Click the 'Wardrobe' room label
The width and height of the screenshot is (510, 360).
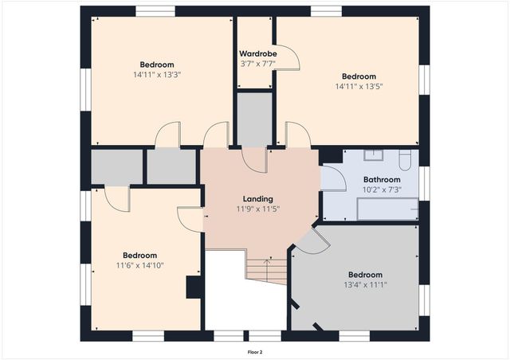[257, 54]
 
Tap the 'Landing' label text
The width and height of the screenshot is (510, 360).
[257, 199]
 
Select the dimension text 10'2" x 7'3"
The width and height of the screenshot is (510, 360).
[381, 190]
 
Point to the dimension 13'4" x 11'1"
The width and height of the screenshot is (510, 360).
[365, 284]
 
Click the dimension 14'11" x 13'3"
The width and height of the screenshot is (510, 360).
[157, 75]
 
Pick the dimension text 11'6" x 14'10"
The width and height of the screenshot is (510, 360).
[140, 265]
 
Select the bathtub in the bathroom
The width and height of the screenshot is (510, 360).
[387, 209]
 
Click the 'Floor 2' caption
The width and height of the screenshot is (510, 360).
[254, 351]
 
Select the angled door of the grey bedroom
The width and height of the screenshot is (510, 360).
[311, 241]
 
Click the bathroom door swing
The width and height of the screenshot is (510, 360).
[333, 178]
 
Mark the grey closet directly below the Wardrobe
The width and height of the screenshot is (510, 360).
[255, 119]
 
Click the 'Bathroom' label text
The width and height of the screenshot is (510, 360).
[381, 179]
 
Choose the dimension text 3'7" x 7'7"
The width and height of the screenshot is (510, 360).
[257, 65]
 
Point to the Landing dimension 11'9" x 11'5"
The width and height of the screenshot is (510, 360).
[257, 209]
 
